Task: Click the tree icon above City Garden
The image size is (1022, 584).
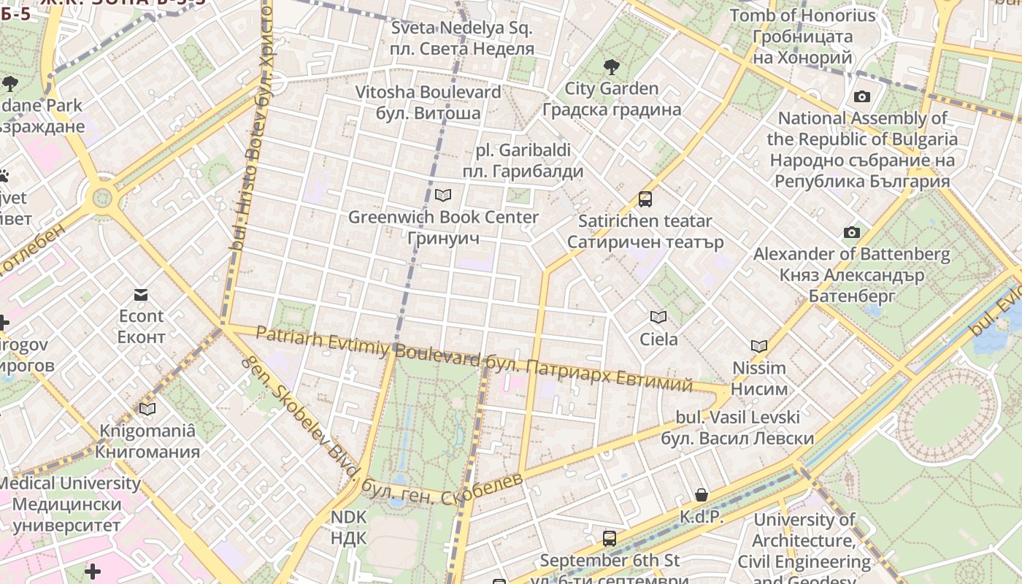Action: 611,67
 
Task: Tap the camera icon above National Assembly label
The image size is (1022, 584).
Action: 861,96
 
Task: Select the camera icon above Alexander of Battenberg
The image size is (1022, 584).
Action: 851,232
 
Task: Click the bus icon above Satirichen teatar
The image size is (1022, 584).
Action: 645,199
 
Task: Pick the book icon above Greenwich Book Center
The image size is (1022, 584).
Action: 442,195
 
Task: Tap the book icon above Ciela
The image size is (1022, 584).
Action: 658,317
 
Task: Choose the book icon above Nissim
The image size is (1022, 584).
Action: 759,346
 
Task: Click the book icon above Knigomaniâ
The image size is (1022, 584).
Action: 147,409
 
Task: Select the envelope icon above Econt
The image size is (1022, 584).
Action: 141,295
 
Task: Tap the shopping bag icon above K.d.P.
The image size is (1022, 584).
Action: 701,495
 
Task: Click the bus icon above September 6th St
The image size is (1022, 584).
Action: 610,539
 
